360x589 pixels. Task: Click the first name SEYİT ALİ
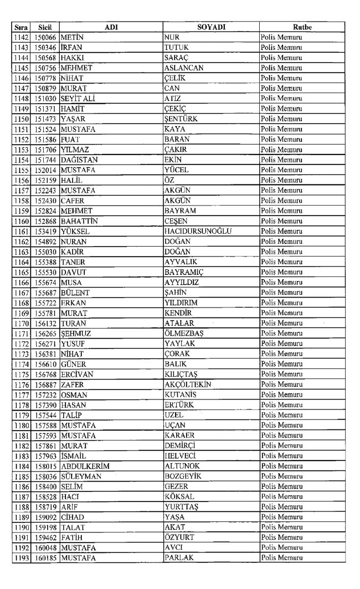(81, 98)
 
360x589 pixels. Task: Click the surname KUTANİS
(181, 394)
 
